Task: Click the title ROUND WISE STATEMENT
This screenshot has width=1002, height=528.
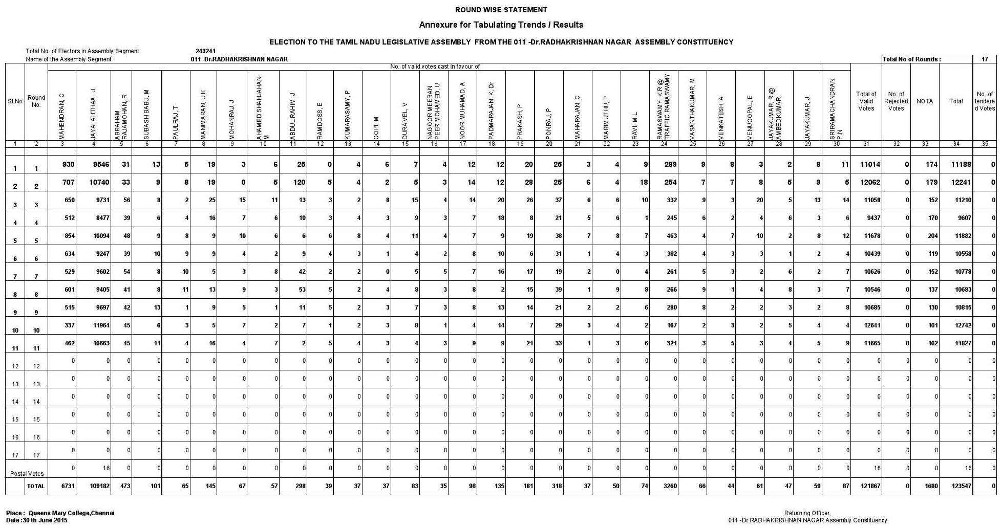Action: (x=501, y=10)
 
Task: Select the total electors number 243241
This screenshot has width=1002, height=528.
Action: (x=205, y=51)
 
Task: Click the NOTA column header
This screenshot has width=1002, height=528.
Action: (x=924, y=101)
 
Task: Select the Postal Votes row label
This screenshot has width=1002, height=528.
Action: (x=27, y=473)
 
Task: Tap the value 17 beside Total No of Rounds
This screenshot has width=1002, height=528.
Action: (x=984, y=59)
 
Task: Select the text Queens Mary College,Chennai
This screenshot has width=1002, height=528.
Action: (x=71, y=513)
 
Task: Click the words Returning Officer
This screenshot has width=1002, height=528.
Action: (x=807, y=513)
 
